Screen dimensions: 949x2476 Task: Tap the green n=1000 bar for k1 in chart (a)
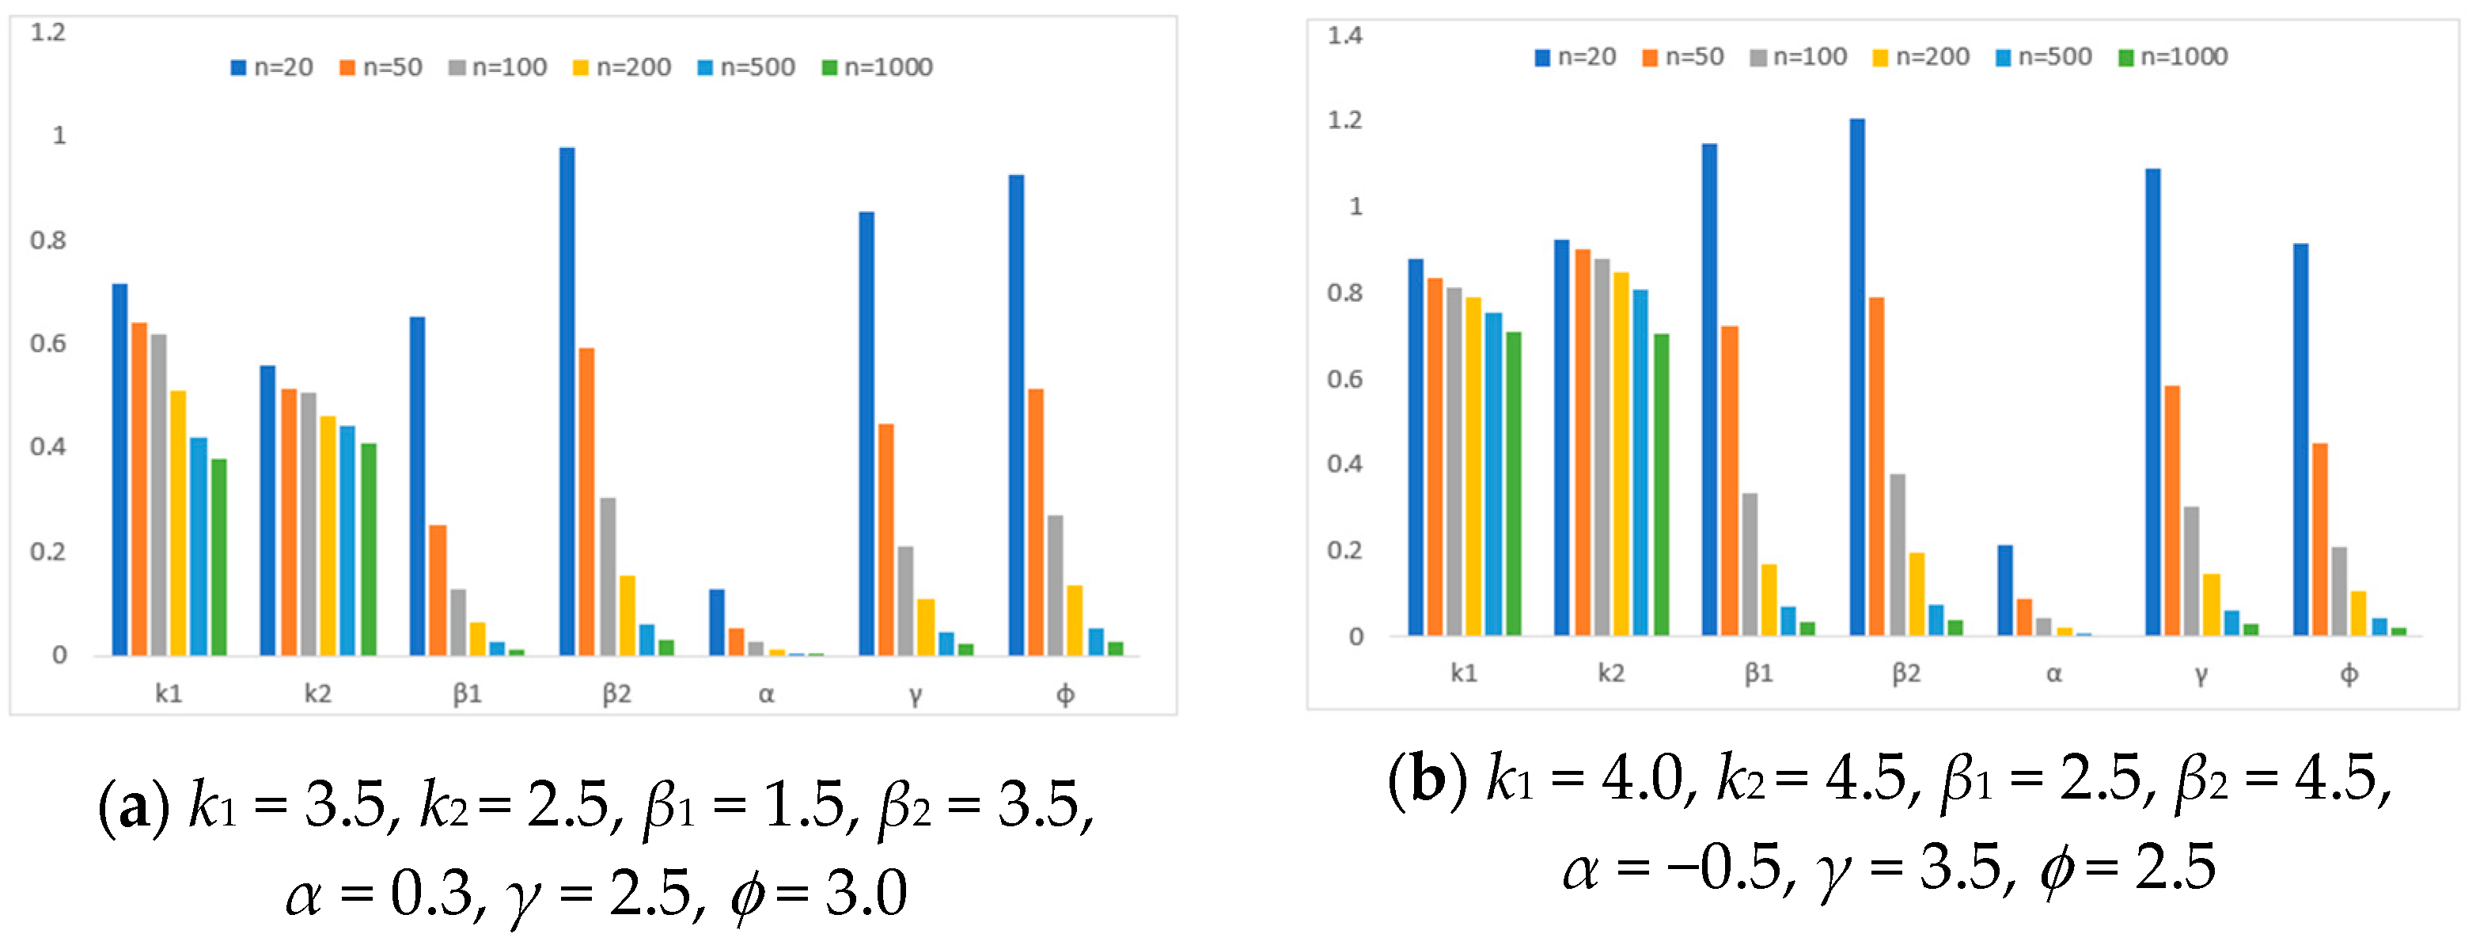pos(219,558)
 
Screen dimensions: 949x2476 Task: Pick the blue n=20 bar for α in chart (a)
pos(717,623)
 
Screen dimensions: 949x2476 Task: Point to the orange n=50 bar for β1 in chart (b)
pos(1730,480)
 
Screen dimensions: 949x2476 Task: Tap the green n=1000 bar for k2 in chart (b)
pos(1661,484)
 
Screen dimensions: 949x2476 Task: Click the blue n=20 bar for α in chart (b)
pos(2005,590)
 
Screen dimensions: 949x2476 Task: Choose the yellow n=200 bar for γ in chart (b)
pos(2212,605)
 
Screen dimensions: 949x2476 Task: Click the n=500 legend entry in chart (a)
pos(747,67)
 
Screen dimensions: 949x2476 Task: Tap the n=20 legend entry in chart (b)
pos(1575,57)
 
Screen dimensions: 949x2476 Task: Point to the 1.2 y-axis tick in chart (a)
pos(48,32)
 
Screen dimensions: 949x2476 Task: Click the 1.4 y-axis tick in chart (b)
pos(1344,36)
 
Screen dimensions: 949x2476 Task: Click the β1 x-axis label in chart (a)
pos(467,693)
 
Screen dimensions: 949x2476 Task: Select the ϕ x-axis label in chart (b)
pos(2348,674)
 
